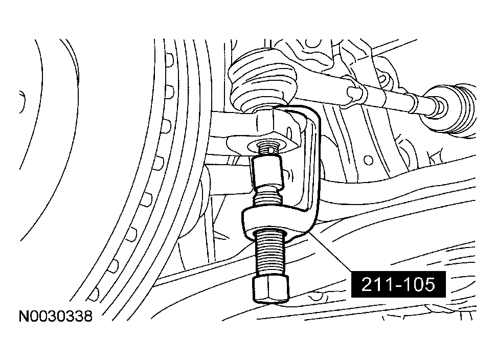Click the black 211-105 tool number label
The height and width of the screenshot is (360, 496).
[398, 284]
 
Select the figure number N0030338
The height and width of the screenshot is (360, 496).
[56, 316]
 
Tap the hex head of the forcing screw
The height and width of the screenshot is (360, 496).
[271, 288]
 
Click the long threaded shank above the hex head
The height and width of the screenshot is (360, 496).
[270, 254]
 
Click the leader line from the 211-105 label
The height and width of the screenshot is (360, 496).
[331, 251]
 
